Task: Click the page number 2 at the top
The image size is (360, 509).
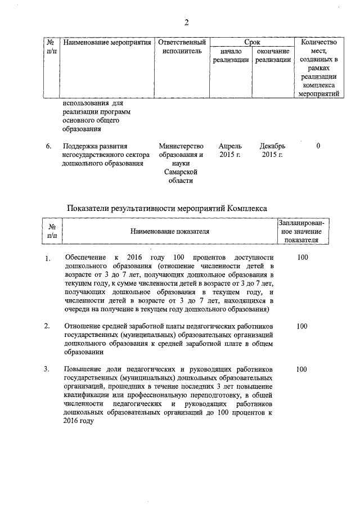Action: (187, 22)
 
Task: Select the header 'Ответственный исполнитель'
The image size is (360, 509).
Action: (182, 47)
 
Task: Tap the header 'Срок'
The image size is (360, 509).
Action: (251, 42)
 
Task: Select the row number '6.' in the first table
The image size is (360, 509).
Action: (49, 147)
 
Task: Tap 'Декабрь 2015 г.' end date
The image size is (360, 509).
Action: (272, 151)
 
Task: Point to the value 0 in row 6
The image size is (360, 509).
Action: (318, 147)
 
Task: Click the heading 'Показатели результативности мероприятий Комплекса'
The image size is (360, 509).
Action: (167, 208)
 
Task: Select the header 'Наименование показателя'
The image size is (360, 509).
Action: (170, 231)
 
